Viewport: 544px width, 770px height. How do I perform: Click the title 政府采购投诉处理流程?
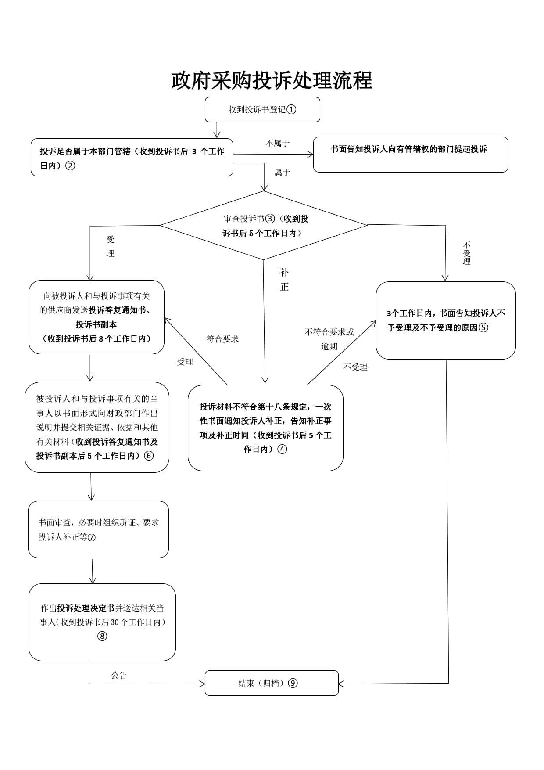(272, 81)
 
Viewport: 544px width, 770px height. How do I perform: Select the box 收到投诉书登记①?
(262, 109)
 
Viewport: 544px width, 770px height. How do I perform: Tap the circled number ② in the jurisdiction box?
(70, 166)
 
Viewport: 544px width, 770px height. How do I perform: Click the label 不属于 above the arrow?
(277, 143)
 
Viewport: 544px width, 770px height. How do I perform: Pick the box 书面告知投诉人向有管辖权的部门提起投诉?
(411, 155)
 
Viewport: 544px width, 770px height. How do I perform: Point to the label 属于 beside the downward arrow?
(282, 172)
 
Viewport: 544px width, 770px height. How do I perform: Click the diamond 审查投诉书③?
(264, 225)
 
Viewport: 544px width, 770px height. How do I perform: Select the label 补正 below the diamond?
(284, 280)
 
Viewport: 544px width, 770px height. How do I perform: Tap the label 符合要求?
(222, 339)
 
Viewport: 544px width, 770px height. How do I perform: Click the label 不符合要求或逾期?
(329, 339)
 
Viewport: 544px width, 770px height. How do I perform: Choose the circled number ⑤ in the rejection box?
(483, 327)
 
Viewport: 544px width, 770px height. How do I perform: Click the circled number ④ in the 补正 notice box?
(283, 449)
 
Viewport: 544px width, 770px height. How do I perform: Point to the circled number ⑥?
(149, 456)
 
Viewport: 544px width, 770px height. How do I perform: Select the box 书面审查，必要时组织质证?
(98, 529)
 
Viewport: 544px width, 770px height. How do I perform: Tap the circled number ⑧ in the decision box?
(102, 636)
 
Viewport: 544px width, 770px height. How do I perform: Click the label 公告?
(119, 675)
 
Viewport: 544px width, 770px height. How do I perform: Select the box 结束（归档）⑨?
(272, 683)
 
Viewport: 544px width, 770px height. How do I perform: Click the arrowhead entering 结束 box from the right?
(341, 684)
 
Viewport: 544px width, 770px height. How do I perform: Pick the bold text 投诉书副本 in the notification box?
(97, 324)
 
